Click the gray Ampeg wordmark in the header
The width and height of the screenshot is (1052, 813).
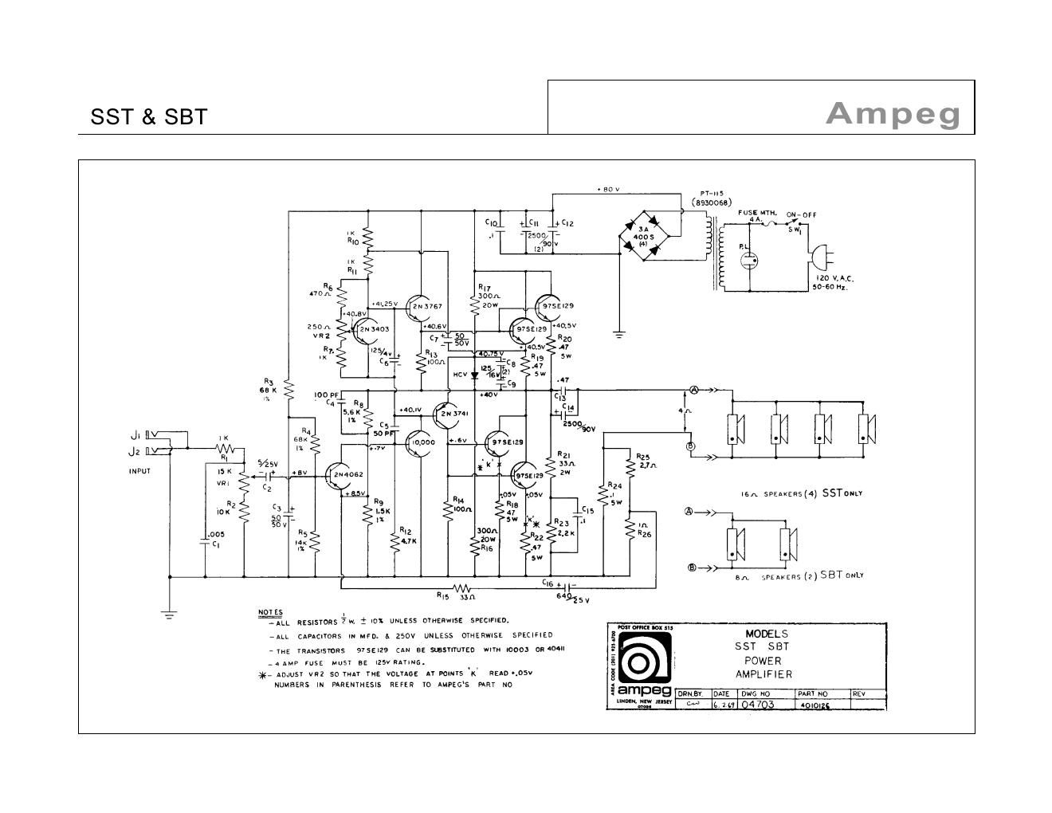pos(893,113)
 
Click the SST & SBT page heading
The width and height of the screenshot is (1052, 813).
pos(149,116)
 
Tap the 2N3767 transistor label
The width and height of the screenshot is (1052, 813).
pos(429,306)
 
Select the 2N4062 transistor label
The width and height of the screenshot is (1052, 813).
pos(348,474)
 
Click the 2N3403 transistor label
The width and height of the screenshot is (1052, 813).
pos(374,328)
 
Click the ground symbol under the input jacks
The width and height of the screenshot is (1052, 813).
pos(169,613)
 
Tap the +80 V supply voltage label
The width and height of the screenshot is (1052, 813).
pos(609,189)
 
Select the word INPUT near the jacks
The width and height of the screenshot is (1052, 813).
pos(139,471)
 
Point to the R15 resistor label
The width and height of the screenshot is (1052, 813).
pos(444,595)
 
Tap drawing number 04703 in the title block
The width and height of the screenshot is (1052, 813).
pos(758,705)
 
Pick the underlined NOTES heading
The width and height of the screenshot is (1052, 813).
pos(270,612)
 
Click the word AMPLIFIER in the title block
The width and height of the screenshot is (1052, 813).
pos(763,674)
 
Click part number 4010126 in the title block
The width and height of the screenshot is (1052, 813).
pos(812,705)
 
